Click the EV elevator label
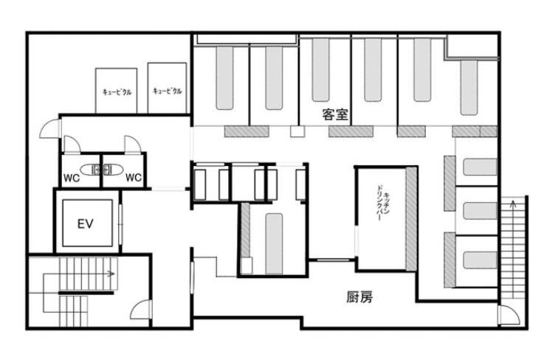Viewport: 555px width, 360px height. (x=85, y=223)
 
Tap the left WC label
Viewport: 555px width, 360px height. (x=72, y=178)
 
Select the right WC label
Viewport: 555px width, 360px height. (x=133, y=178)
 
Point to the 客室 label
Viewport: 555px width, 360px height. (x=336, y=114)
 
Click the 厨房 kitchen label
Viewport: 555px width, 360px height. (x=359, y=298)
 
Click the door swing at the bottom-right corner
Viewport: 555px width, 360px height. (x=508, y=315)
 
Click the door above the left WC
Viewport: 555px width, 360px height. (x=72, y=143)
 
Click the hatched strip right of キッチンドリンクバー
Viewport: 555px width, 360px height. (x=412, y=219)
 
